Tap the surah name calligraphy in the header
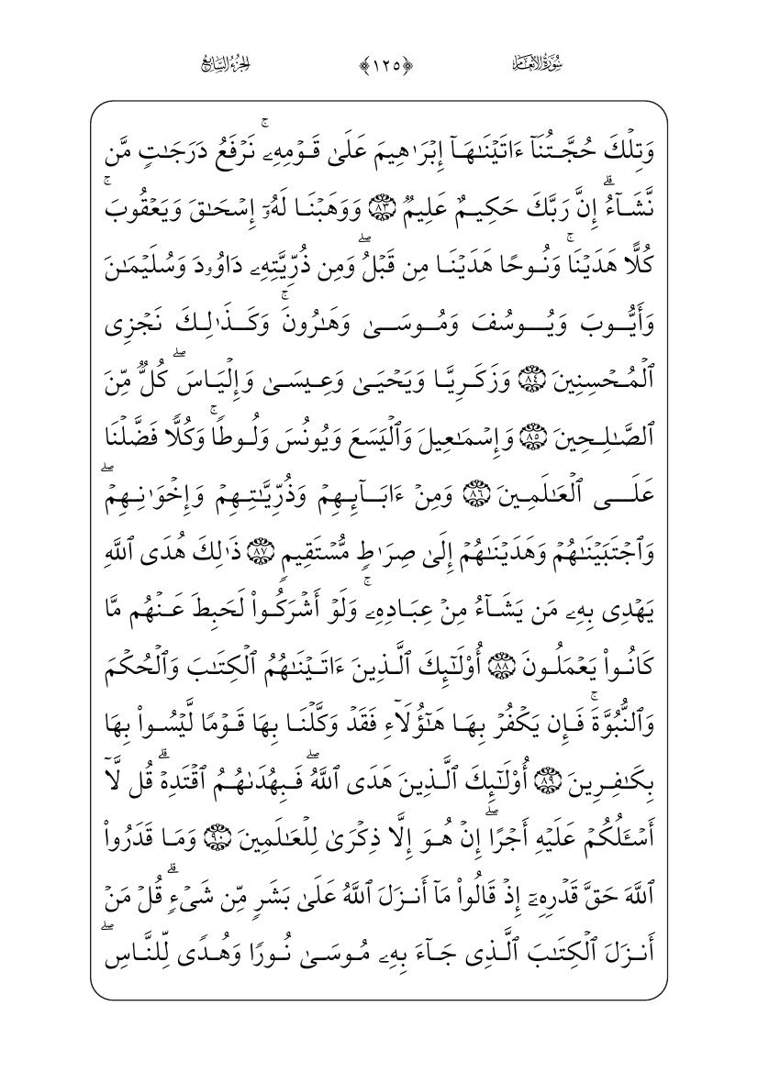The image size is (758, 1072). pyautogui.click(x=542, y=64)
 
